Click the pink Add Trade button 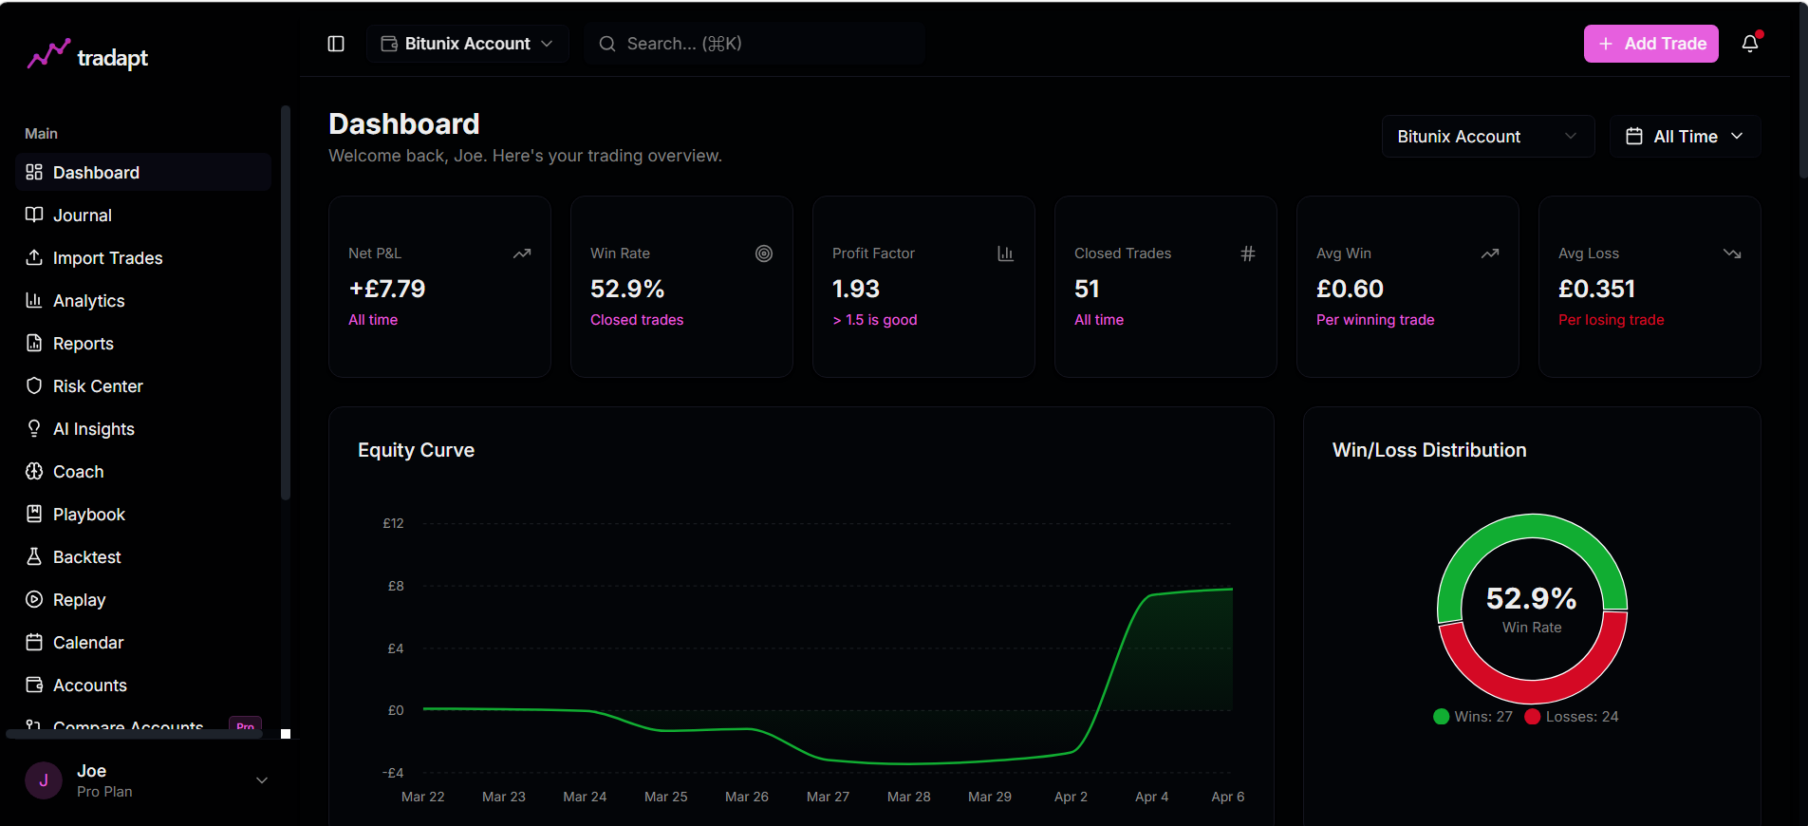coord(1650,44)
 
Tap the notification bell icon coord(1750,44)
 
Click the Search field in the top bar coord(755,44)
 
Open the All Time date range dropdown coord(1685,137)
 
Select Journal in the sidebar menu coord(82,216)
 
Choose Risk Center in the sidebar coord(97,386)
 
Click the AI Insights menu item coord(93,429)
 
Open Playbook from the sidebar coord(88,515)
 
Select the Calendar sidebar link coord(87,643)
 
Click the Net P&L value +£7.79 coord(387,289)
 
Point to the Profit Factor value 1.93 coord(856,289)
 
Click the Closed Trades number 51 coord(1087,289)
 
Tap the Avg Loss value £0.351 coord(1596,289)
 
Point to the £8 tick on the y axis coord(396,586)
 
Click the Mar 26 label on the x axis coord(747,797)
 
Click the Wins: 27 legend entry coord(1473,717)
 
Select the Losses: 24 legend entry coord(1572,717)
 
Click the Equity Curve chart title coord(416,450)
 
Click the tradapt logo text coord(112,58)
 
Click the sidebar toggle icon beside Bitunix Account coord(336,44)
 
